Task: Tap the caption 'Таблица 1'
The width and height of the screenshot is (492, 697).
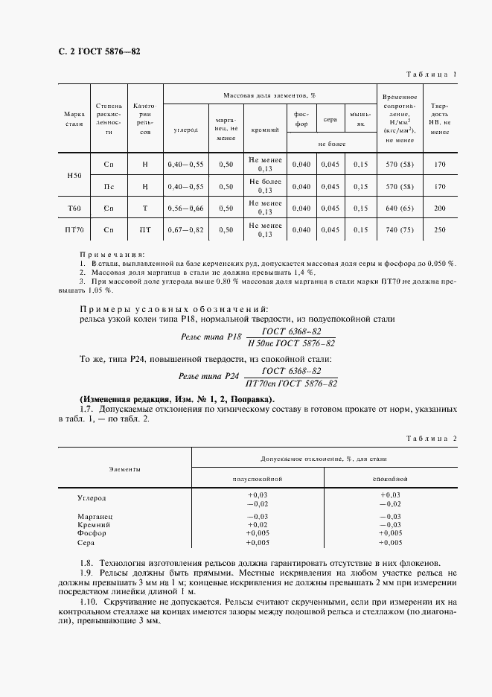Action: pos(431,74)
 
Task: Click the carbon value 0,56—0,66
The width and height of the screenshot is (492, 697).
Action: pos(185,208)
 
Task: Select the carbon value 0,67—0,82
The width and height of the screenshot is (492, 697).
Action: pos(185,230)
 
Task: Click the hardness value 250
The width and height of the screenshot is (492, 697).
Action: pos(439,230)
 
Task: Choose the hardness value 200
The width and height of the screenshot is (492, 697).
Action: pos(439,208)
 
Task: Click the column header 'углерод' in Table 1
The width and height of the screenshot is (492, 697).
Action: pos(185,130)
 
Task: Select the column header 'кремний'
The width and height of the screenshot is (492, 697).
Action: pos(266,130)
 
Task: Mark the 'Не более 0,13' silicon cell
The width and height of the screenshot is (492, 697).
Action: pos(266,185)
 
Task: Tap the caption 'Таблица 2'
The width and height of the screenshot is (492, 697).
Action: pos(431,439)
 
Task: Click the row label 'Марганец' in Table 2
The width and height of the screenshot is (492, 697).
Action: pos(95,516)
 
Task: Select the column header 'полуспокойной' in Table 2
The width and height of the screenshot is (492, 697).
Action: pos(258,480)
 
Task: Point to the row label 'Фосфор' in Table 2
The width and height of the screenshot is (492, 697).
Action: pos(92,533)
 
